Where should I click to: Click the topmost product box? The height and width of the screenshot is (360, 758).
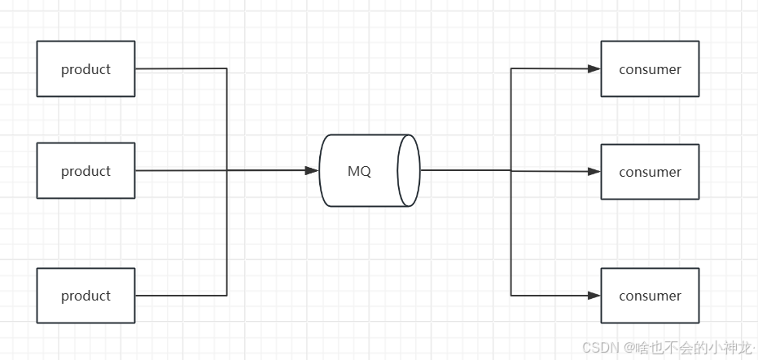pyautogui.click(x=85, y=69)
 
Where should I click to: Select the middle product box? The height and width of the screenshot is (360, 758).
pyautogui.click(x=85, y=171)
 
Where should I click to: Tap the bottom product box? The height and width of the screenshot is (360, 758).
pyautogui.click(x=85, y=296)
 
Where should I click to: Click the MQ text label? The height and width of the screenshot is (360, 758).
pyautogui.click(x=359, y=172)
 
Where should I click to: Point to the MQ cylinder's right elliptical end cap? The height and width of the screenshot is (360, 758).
pyautogui.click(x=409, y=170)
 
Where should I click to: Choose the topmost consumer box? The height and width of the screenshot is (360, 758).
pyautogui.click(x=650, y=69)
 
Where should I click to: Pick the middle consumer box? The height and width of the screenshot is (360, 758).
pyautogui.click(x=650, y=172)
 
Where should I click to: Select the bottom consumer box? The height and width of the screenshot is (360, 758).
pyautogui.click(x=650, y=296)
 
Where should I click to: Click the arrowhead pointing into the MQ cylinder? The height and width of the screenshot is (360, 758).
pyautogui.click(x=312, y=171)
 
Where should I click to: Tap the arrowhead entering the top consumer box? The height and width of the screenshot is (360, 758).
pyautogui.click(x=594, y=69)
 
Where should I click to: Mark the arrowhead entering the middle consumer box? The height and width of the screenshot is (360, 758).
pyautogui.click(x=594, y=171)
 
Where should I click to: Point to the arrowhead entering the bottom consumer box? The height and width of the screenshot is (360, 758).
pyautogui.click(x=594, y=295)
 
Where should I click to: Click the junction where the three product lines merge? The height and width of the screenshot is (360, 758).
pyautogui.click(x=226, y=171)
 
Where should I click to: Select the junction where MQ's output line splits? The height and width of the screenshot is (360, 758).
pyautogui.click(x=511, y=171)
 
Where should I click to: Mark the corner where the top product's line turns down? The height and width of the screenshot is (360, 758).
pyautogui.click(x=226, y=69)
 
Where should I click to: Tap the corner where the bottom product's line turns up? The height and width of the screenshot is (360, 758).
pyautogui.click(x=226, y=295)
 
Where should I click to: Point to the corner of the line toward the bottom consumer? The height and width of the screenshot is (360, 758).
pyautogui.click(x=511, y=295)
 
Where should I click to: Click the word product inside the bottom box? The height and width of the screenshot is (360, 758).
pyautogui.click(x=85, y=296)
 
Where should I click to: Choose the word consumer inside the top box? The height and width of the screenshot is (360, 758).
pyautogui.click(x=650, y=69)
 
